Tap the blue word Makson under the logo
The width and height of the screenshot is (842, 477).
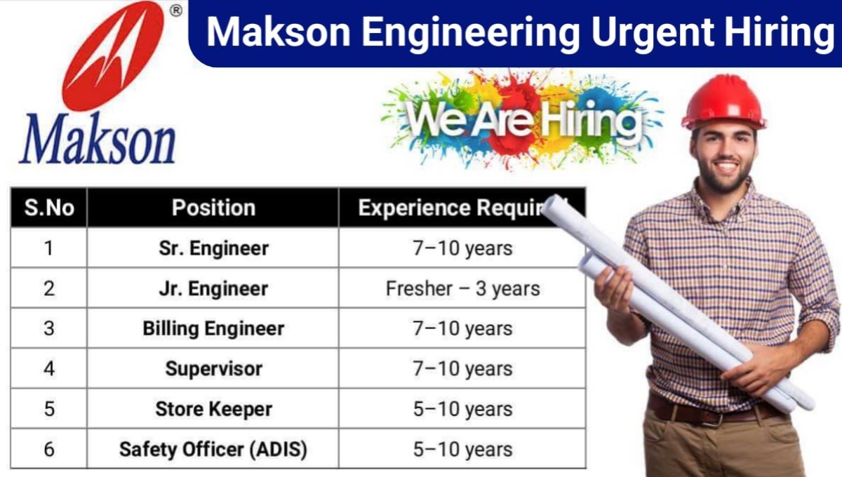[x=98, y=140]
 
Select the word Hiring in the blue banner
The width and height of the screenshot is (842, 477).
[x=779, y=34]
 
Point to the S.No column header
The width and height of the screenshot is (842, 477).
[x=48, y=208]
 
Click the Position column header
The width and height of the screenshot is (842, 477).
[x=213, y=208]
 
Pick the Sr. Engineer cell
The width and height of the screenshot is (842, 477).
[x=213, y=248]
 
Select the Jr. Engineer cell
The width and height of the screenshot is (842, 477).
[x=213, y=288]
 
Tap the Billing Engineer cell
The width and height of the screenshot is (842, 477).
[x=213, y=328]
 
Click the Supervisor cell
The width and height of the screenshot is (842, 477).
[x=213, y=368]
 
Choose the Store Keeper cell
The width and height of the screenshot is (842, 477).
[x=213, y=409]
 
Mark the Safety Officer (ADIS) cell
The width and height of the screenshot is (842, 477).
[x=213, y=449]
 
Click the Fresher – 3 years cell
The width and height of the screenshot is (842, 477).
[x=462, y=288]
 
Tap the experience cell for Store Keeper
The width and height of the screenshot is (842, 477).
[x=462, y=409]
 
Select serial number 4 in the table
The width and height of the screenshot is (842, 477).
[x=48, y=368]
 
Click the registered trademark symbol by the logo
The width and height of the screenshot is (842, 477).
[x=176, y=10]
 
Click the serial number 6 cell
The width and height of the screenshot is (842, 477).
[x=48, y=449]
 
